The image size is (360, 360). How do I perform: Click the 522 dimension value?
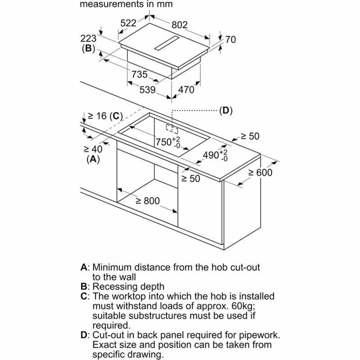tap(128, 23)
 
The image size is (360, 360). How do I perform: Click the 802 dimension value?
tap(179, 26)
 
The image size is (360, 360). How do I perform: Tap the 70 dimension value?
tap(230, 40)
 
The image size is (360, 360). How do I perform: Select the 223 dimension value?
tap(88, 39)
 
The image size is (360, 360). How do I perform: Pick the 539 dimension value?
tap(146, 90)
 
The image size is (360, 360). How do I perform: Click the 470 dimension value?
tap(186, 90)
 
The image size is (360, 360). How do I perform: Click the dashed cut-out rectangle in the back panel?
tap(172, 129)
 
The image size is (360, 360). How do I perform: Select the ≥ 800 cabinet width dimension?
tap(148, 201)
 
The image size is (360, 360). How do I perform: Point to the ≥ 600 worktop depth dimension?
tap(260, 173)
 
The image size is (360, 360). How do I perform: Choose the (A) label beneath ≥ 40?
tap(93, 159)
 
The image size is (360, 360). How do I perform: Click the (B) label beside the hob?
tap(87, 49)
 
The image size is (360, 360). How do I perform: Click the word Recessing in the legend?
tap(114, 286)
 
